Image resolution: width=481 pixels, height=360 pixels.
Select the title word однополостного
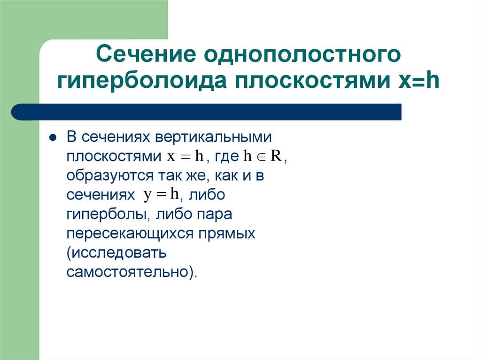(x=302, y=55)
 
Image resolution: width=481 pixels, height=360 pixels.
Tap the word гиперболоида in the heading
(x=142, y=81)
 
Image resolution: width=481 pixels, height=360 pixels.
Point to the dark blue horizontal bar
(x=207, y=112)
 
